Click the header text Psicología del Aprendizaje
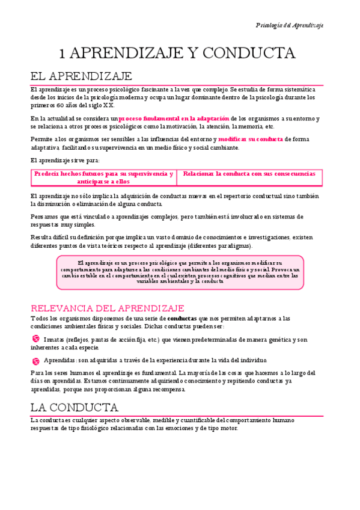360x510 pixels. coord(289,25)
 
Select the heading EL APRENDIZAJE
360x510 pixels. coord(81,76)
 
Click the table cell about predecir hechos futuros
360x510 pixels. coord(103,177)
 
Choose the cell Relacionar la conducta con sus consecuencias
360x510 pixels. coord(249,174)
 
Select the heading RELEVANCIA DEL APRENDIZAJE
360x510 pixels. coord(107,308)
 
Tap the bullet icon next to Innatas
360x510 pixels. coord(35,339)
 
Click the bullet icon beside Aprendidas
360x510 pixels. coord(35,360)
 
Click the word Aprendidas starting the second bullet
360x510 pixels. coord(59,360)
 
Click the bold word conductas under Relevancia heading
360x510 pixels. coord(182,318)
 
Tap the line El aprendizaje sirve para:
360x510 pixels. coord(65,160)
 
